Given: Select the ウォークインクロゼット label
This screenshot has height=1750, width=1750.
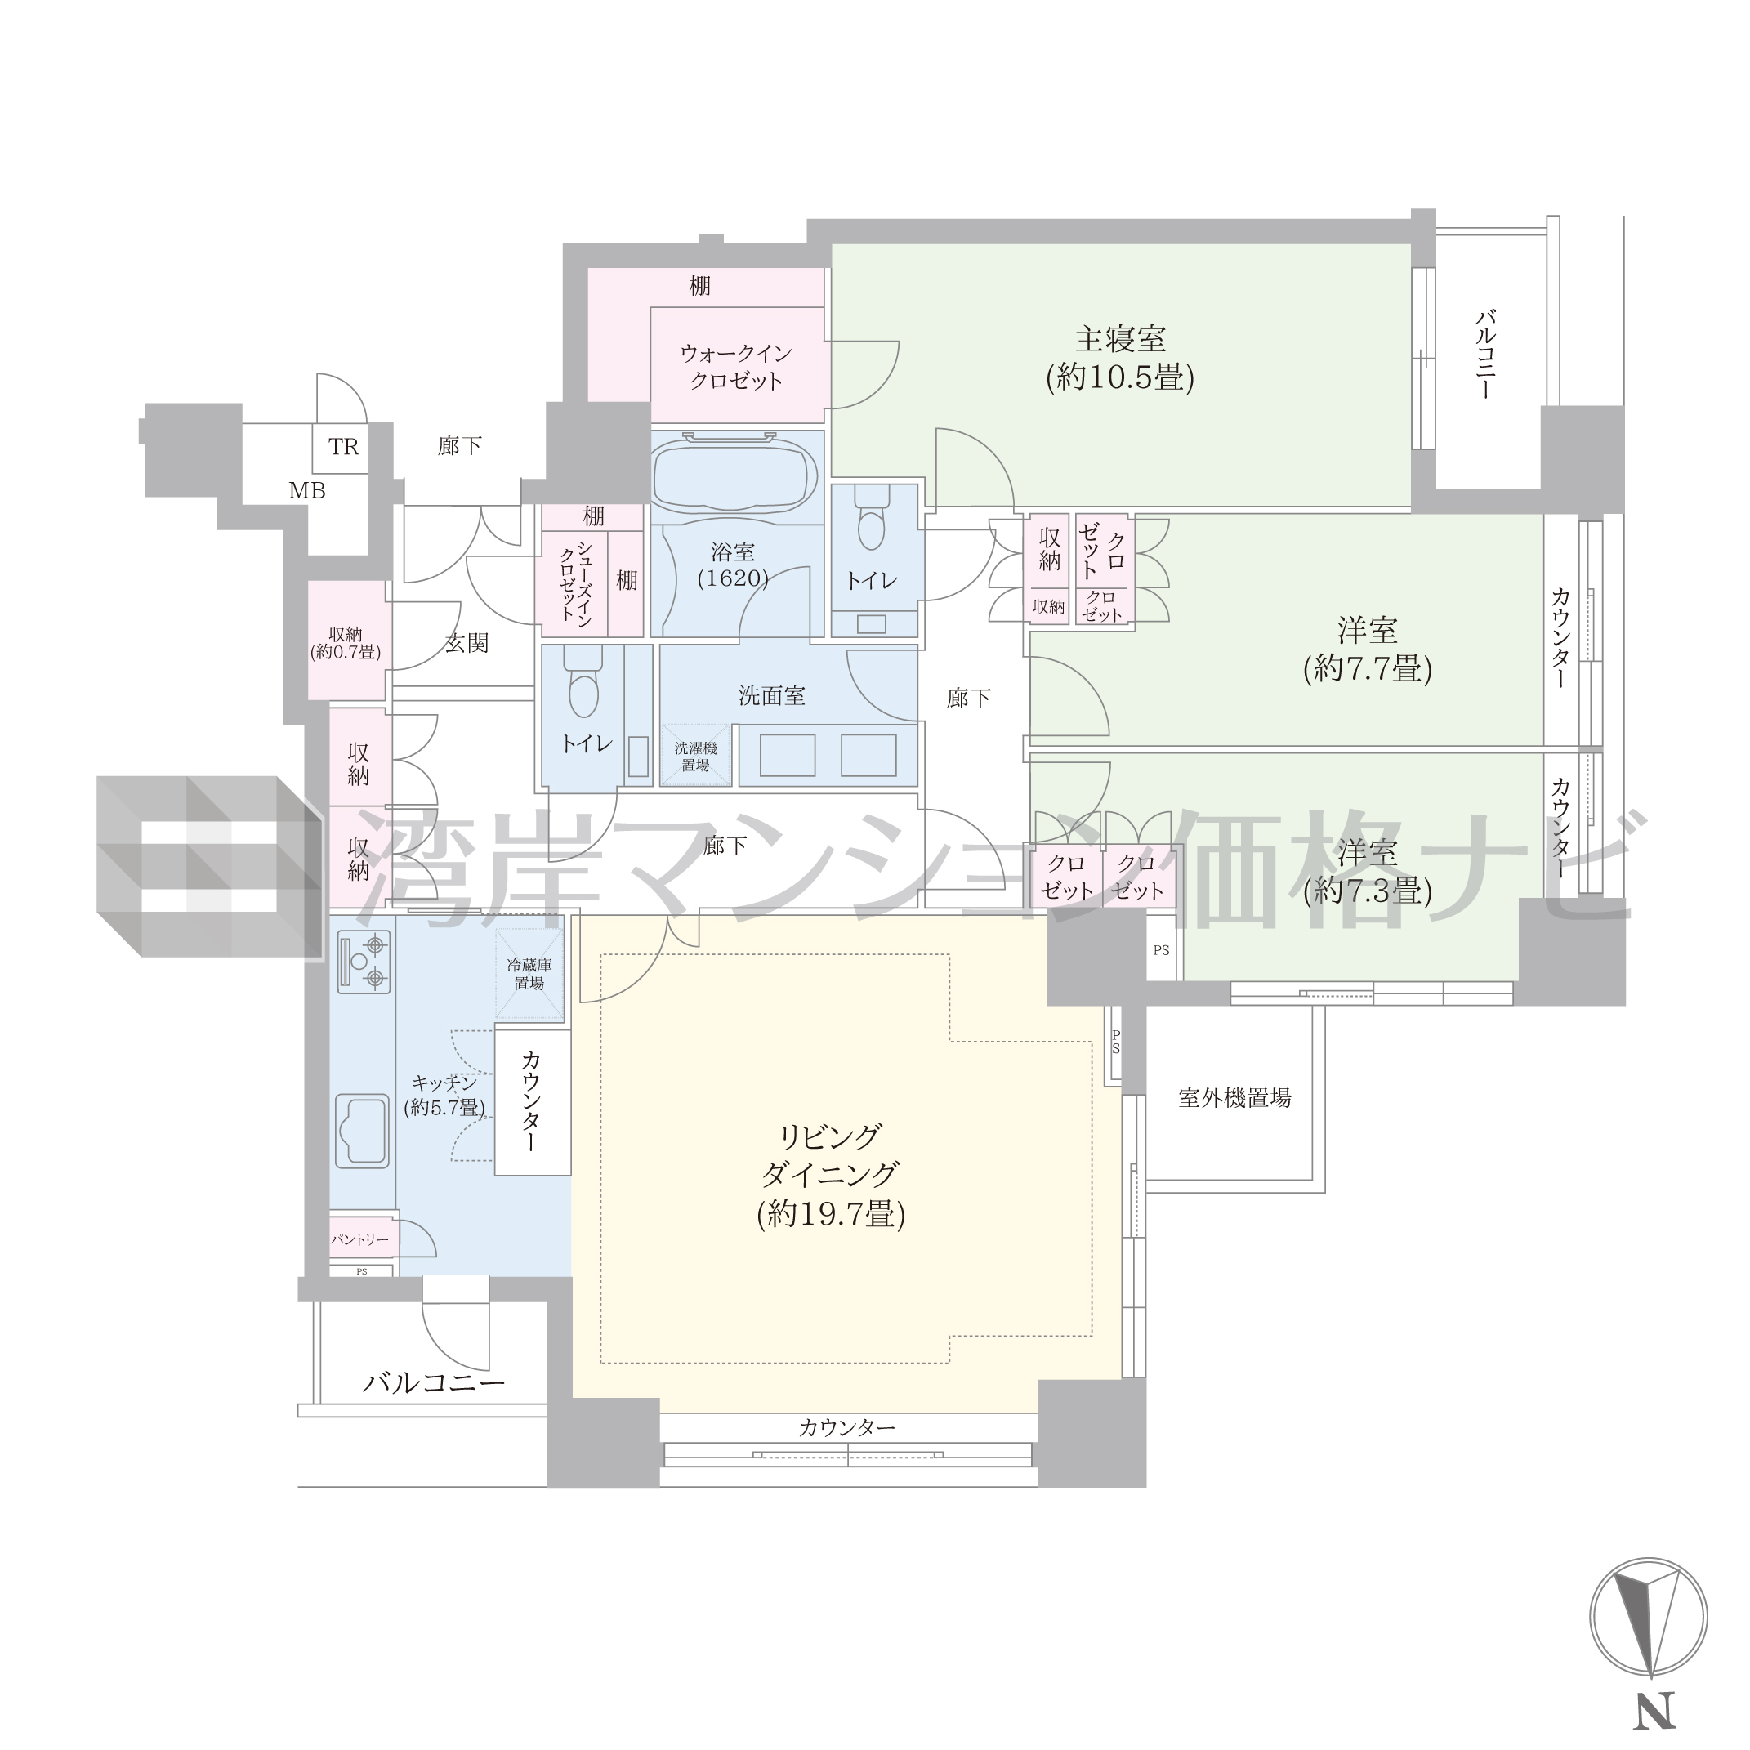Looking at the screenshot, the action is coord(735,367).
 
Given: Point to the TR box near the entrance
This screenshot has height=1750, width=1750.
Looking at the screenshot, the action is coord(343,448).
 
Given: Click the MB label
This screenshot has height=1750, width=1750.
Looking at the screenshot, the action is coord(307,491).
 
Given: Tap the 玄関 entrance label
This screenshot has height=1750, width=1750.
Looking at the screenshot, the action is coord(467,643).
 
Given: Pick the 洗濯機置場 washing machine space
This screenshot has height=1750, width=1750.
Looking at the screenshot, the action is coord(694,757).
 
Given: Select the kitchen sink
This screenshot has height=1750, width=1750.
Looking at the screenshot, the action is coord(362,1132).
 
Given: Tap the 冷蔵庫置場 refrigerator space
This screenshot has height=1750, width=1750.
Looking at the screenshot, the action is coord(529,974).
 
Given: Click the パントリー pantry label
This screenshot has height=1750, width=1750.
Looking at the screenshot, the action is coord(359,1239).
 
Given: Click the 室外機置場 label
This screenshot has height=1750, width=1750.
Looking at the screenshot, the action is coord(1234,1098).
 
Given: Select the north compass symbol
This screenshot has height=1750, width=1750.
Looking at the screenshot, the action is coord(1649,1617).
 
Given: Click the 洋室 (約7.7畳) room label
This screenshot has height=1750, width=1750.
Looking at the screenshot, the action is coord(1368,649).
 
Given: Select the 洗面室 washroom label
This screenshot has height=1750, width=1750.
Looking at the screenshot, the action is coord(772,695).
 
